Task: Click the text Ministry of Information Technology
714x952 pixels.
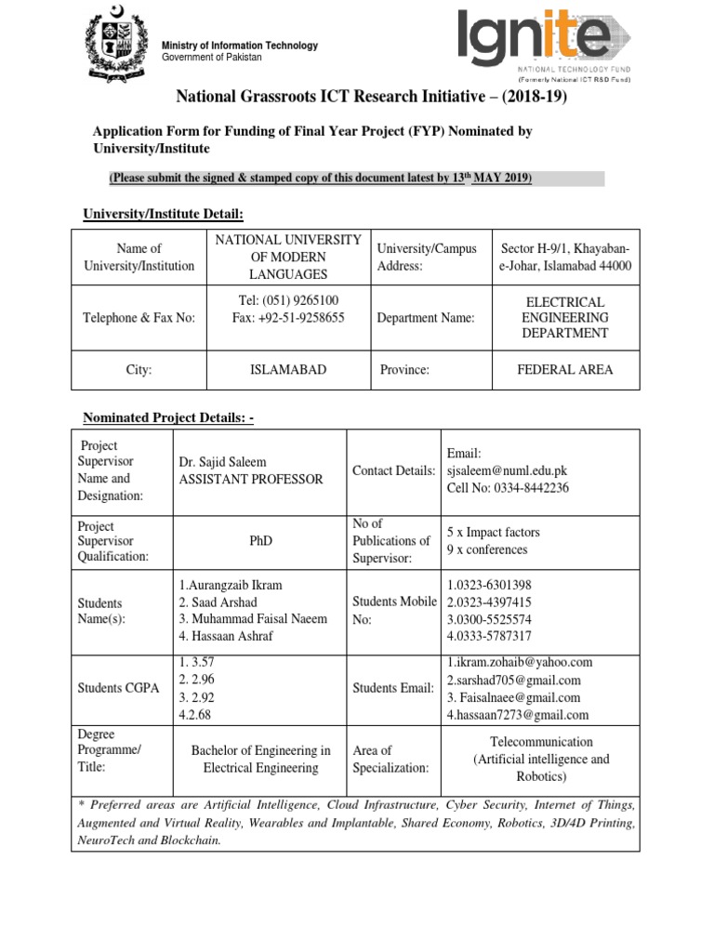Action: pos(240,46)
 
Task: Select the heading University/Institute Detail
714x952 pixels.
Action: pos(163,214)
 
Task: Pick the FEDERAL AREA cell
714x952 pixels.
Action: pos(565,369)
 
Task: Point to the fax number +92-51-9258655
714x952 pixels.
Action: pos(288,317)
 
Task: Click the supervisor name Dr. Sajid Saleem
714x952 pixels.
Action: pos(224,462)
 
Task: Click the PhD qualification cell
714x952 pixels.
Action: pos(260,540)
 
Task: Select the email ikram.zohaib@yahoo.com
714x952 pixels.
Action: pos(520,662)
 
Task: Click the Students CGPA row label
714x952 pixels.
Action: pos(116,688)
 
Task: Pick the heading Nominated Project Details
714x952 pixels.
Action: pos(169,418)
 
